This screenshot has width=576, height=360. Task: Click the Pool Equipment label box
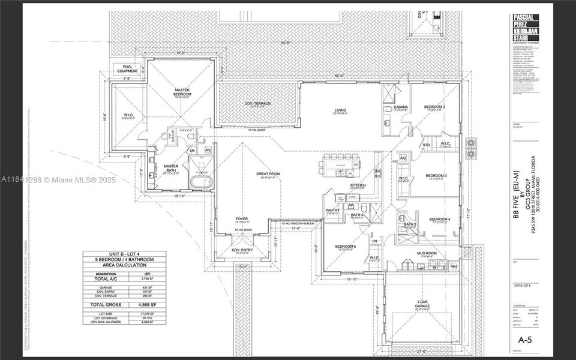tap(127, 69)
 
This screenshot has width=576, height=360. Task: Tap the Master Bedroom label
tap(182, 91)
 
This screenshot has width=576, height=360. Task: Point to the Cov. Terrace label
tap(257, 104)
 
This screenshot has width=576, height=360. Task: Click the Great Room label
tap(268, 175)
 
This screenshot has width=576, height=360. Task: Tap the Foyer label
tap(242, 219)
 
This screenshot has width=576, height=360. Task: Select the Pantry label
tap(332, 210)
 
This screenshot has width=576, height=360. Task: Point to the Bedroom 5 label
tap(346, 247)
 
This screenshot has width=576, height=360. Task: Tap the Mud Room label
tap(425, 254)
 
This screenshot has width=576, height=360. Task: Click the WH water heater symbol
tap(454, 266)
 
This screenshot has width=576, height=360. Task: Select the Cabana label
tap(400, 107)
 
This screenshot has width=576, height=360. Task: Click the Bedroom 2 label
tap(436, 107)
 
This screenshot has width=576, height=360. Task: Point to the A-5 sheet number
tap(524, 340)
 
